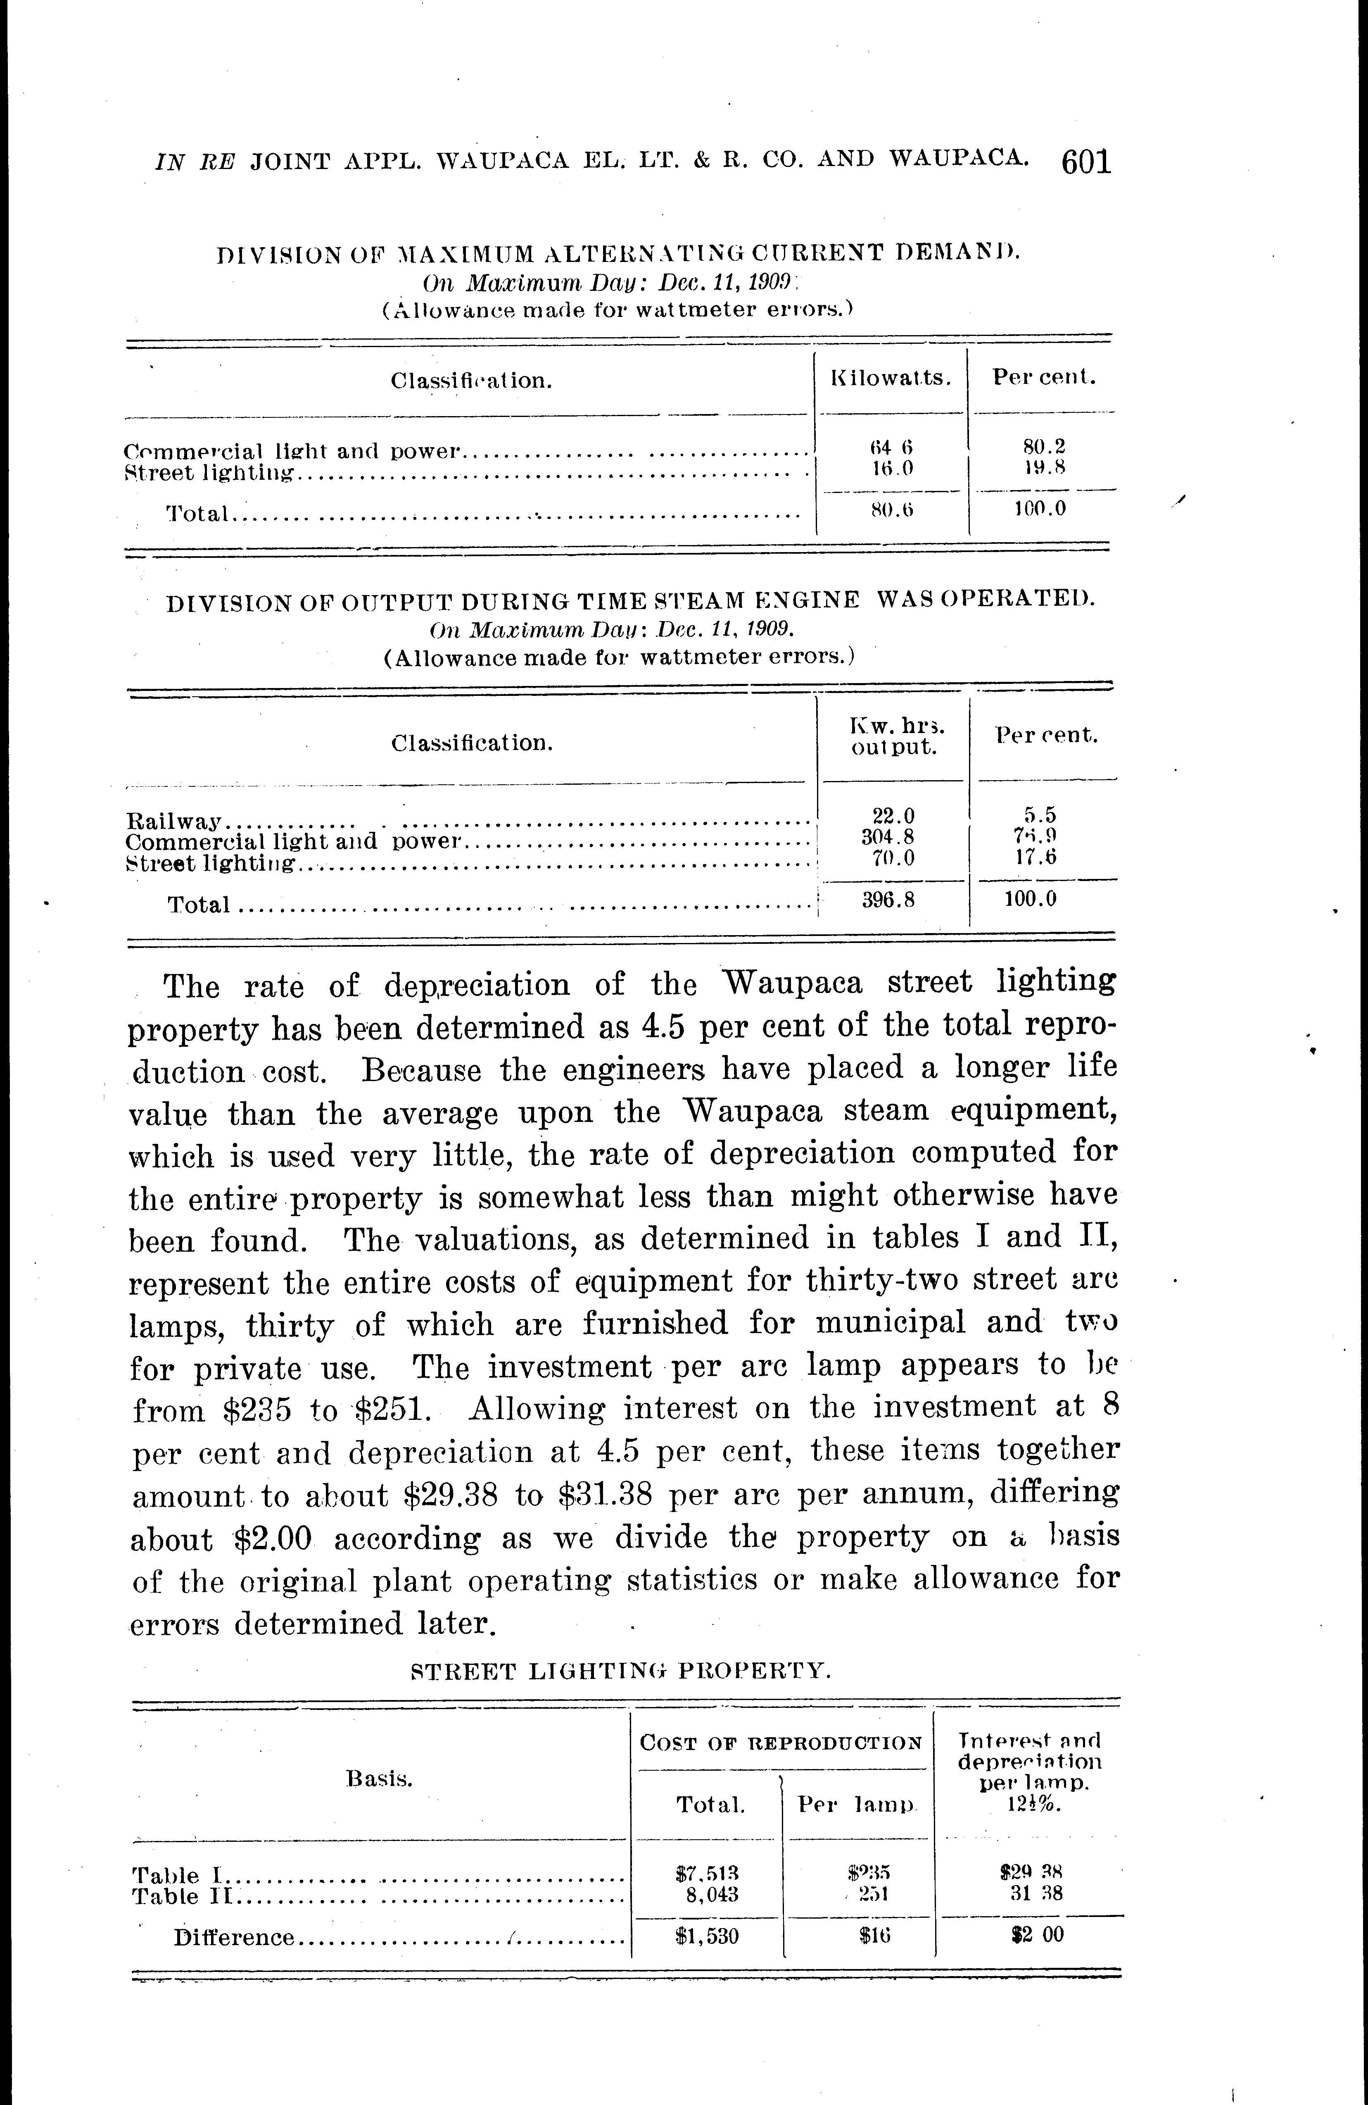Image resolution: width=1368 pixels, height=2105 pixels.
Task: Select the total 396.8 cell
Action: click(x=888, y=903)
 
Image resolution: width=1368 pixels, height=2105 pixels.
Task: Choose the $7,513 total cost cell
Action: click(x=707, y=1873)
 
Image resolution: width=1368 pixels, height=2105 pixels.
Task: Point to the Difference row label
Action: click(x=233, y=1938)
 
